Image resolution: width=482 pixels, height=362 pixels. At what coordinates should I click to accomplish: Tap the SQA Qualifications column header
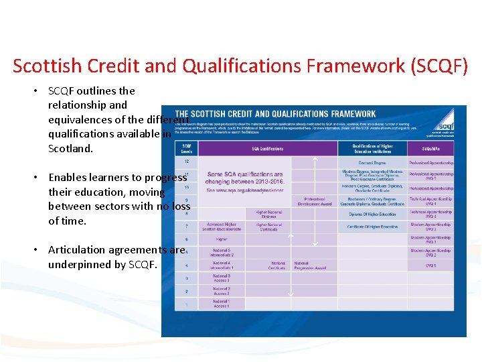coord(267,149)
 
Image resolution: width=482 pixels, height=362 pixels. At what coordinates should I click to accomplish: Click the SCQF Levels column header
coord(187,149)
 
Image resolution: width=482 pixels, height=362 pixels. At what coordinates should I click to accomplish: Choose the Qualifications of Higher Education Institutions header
coord(372,148)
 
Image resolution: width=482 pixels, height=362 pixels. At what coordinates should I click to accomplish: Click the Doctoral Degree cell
coord(372,163)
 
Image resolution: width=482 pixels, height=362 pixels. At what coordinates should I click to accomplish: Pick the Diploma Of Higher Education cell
coord(372,214)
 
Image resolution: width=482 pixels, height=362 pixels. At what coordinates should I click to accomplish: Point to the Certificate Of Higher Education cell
coord(372,227)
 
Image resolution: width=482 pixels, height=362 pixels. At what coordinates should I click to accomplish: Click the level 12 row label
coord(186,162)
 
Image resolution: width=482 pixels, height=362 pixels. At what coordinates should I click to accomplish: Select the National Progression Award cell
coord(310,265)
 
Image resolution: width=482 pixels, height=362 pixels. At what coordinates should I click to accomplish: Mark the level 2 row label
coord(186,291)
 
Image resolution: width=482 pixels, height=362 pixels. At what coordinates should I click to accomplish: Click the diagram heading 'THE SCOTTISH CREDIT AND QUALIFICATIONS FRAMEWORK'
coord(275,114)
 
